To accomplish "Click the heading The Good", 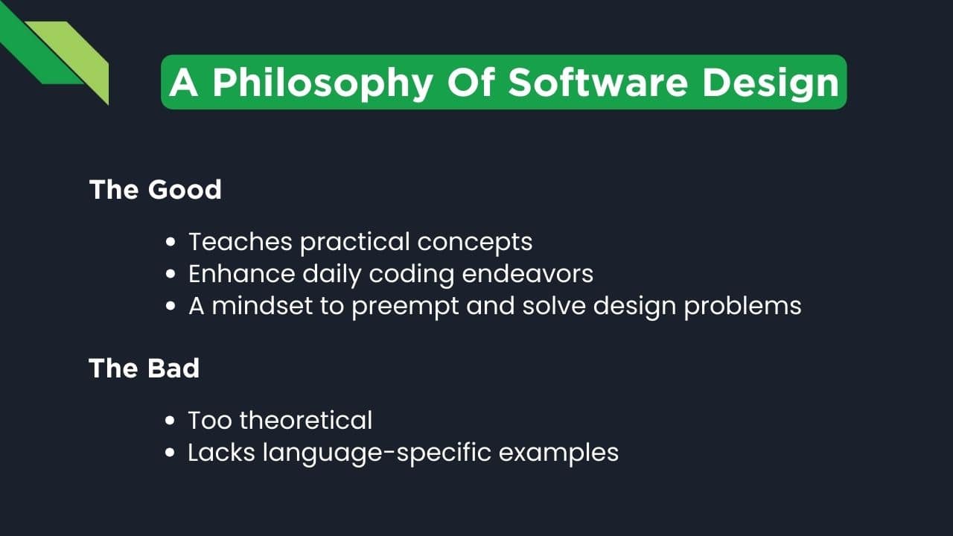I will coord(156,190).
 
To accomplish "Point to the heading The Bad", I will coord(144,368).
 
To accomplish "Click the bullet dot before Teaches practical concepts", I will coord(171,243).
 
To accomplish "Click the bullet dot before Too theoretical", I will coord(171,421).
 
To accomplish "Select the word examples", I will coord(558,453).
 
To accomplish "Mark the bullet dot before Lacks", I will coord(171,453).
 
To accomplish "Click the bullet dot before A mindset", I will coord(171,307).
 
